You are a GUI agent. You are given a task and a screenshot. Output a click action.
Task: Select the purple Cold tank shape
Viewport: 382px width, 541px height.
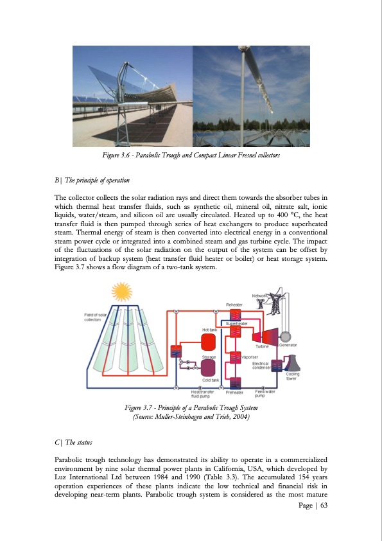tap(209, 368)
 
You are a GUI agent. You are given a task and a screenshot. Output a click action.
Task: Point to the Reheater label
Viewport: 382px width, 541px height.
tap(234, 305)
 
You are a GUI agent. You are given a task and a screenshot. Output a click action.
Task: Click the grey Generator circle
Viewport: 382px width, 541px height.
tap(284, 335)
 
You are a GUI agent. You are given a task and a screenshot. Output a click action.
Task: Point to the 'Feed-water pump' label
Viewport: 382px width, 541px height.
tap(266, 393)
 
